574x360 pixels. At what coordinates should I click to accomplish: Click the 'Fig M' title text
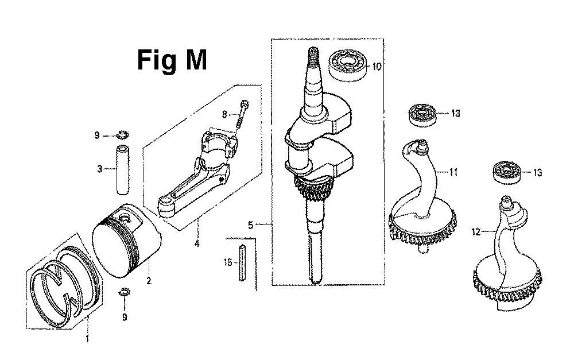[172, 61]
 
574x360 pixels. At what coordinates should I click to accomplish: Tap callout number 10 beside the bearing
[377, 66]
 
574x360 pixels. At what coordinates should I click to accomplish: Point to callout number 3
[99, 169]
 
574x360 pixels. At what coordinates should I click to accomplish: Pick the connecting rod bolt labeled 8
[242, 115]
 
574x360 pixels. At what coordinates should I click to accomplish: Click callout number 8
[224, 115]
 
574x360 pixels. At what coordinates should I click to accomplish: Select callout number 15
[228, 262]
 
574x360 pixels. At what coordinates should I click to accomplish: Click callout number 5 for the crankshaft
[250, 225]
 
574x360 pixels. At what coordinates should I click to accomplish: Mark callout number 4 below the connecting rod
[197, 243]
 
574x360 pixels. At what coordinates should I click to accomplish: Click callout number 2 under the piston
[149, 281]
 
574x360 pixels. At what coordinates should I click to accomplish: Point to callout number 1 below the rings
[87, 339]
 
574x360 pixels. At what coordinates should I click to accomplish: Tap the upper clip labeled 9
[123, 134]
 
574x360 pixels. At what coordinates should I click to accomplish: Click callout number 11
[453, 172]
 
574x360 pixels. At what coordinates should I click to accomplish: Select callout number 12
[476, 232]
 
